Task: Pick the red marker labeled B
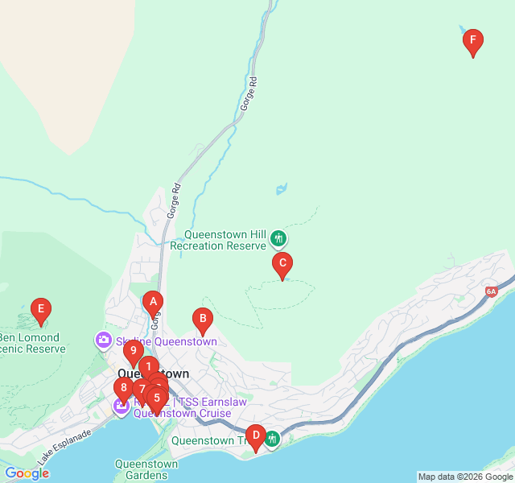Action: pos(204,321)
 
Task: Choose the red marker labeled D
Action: pos(255,438)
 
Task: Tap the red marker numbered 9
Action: pos(133,352)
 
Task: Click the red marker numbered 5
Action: pos(157,398)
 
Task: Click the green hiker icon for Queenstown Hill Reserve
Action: pos(278,238)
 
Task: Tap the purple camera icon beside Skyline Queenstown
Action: pos(104,341)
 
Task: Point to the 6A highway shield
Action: pos(492,291)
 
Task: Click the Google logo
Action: pos(27,473)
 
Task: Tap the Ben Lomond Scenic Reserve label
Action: pos(32,343)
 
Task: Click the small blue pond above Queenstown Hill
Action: pos(281,190)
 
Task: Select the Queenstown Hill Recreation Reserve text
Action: pos(225,240)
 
